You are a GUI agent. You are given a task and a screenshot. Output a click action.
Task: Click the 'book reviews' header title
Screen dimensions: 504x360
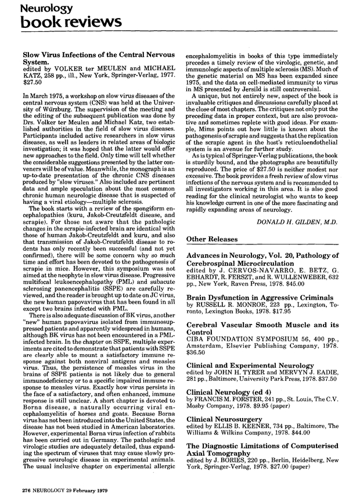click(x=65, y=23)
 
